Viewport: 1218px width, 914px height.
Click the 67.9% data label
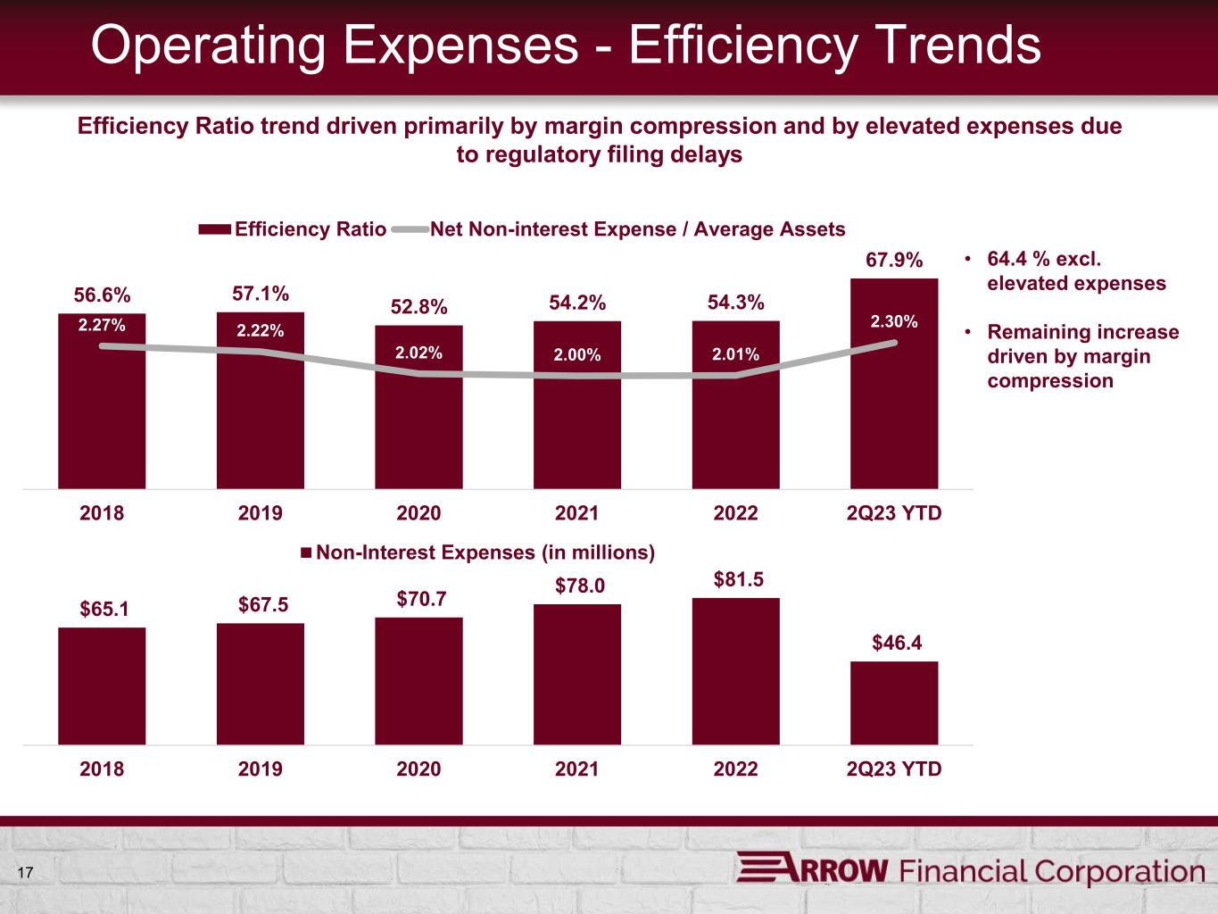coord(894,260)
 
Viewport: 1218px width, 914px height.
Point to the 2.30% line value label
coord(894,322)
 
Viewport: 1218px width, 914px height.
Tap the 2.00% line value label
coord(577,355)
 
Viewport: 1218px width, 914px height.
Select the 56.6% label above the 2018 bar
coord(102,295)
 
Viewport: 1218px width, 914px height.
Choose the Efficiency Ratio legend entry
coord(293,229)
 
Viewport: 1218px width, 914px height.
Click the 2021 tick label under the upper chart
coord(577,513)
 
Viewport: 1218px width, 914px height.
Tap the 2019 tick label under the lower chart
coord(261,769)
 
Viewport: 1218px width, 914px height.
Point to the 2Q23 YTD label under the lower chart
coord(894,769)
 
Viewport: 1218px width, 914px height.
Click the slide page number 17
coord(24,872)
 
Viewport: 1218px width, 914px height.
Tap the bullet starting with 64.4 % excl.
coord(1075,271)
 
